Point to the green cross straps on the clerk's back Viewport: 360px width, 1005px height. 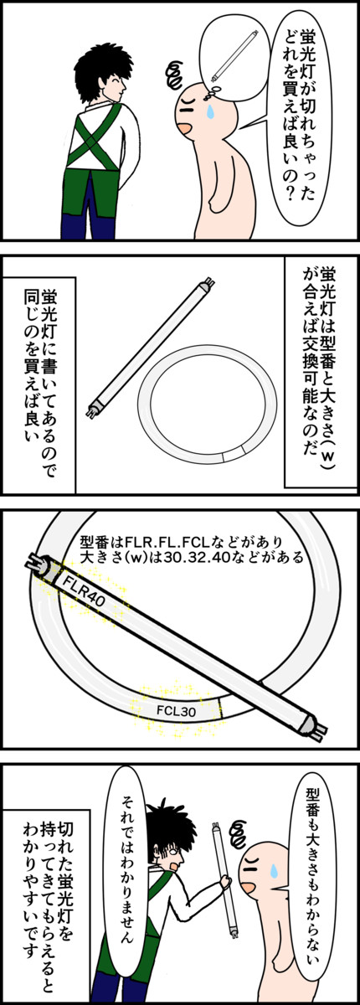point(93,137)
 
